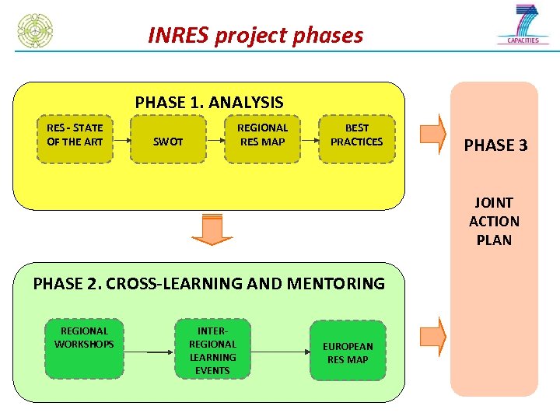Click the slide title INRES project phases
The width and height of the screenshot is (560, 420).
[x=255, y=36]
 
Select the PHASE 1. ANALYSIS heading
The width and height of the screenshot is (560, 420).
[x=208, y=102]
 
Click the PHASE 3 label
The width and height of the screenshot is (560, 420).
[x=495, y=145]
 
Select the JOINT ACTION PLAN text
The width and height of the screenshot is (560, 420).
[x=494, y=221]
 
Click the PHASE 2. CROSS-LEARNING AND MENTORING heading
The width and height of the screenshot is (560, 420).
[x=208, y=283]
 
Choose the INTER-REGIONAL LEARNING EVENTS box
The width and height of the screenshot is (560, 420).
[x=212, y=348]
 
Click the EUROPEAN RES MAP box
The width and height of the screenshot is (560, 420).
[x=348, y=352]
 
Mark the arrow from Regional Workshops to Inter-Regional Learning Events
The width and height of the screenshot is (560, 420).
[x=149, y=352]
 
